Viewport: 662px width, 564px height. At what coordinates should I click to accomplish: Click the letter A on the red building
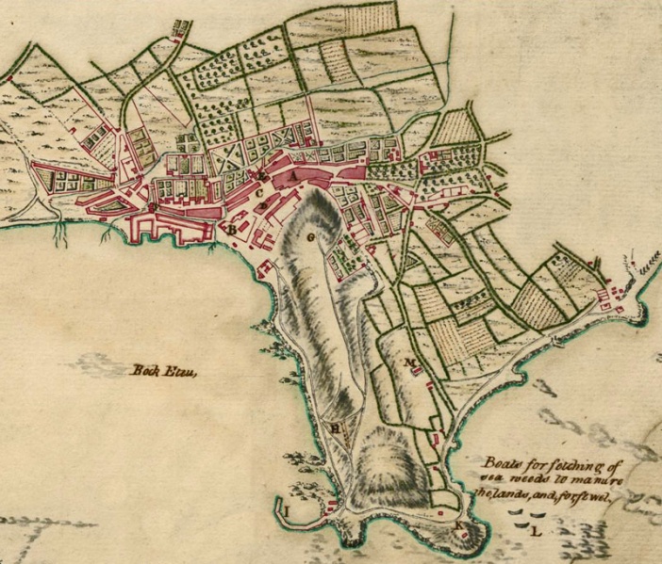coord(293,175)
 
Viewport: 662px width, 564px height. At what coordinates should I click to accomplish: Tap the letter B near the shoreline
coord(231,229)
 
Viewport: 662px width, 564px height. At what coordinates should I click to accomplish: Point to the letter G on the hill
coord(310,237)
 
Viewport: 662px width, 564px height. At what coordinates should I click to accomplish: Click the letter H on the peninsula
coord(335,427)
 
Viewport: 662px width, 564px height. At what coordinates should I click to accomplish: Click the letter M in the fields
coord(410,363)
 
